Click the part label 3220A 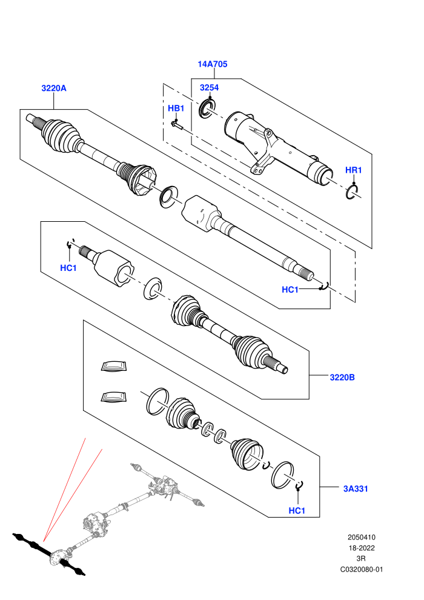pos(54,88)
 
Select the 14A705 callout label pos(212,64)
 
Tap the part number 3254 pos(209,88)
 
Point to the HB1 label pos(176,108)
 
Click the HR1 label pos(353,170)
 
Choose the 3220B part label pos(342,378)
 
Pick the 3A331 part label pos(356,488)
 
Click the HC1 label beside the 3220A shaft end pos(290,290)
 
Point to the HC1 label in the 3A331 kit pos(297,510)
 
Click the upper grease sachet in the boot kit pos(113,366)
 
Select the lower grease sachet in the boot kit pos(113,397)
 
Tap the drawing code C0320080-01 pos(361,569)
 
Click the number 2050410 pos(361,537)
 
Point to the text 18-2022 pos(361,548)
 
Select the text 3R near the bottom pos(361,559)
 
